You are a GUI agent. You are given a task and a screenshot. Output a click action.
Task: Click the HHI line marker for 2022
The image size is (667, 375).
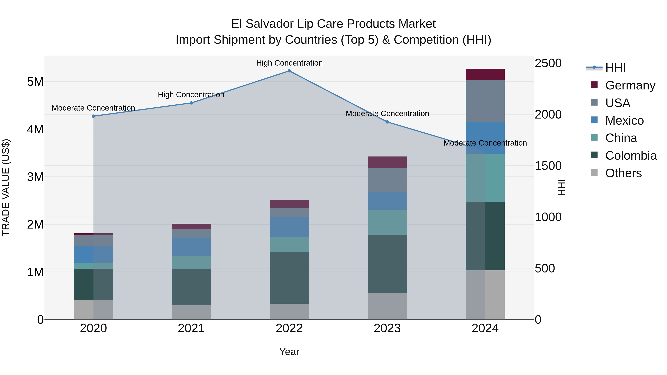[x=289, y=71]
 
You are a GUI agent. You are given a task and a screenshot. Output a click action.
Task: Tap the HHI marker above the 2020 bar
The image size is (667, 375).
[x=94, y=116]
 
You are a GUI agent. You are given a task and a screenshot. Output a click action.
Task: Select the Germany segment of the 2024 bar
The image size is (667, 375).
[x=485, y=74]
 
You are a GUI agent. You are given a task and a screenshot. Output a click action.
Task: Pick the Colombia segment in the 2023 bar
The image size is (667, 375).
[x=387, y=264]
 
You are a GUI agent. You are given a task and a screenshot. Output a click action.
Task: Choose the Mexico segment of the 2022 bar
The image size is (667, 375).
[x=289, y=227]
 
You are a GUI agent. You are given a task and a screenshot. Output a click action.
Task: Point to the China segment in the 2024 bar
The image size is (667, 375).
[x=485, y=178]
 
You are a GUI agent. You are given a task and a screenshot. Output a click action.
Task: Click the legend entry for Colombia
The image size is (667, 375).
[x=631, y=156]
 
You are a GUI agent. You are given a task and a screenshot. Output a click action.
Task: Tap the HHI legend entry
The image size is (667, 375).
[x=615, y=68]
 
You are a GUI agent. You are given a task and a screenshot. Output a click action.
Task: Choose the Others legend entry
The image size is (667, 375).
[x=623, y=173]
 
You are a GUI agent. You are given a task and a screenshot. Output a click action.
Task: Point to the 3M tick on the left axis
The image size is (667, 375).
[x=35, y=177]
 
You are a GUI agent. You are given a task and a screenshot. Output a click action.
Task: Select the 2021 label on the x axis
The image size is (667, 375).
[x=191, y=328]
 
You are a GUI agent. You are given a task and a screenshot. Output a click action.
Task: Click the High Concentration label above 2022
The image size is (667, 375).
[x=289, y=63]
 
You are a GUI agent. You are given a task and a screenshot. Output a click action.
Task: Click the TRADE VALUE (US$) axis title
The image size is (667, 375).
[x=6, y=187]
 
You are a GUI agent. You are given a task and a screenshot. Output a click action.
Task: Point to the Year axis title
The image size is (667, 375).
[x=289, y=352]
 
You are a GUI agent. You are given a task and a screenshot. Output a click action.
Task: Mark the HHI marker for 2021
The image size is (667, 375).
[x=191, y=103]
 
